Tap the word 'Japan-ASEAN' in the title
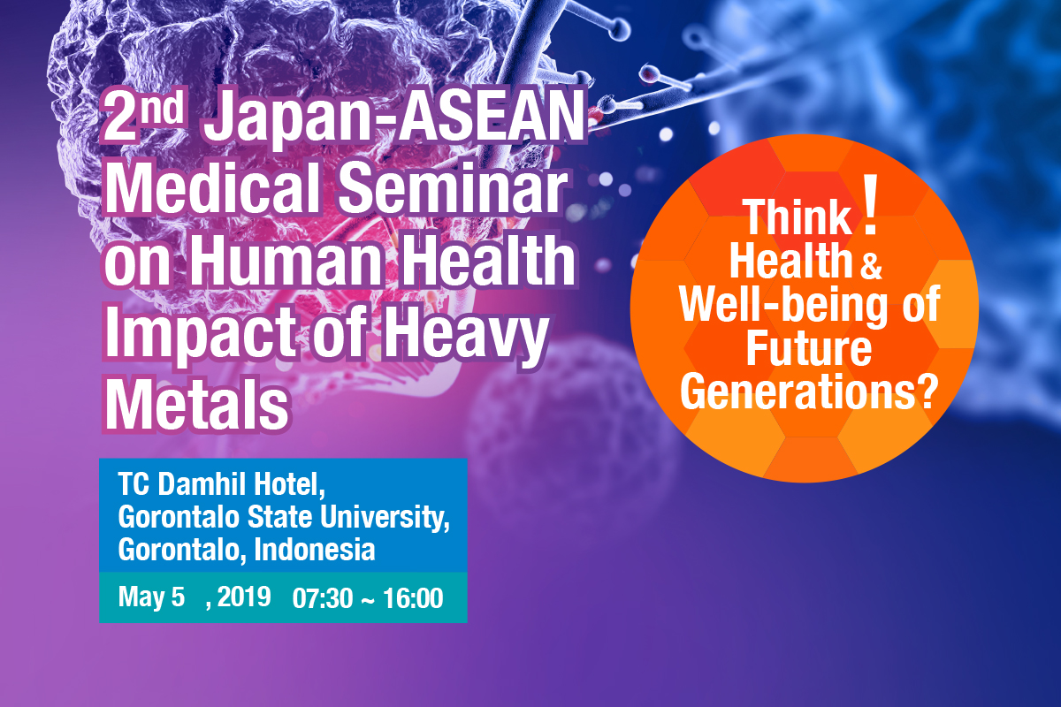tap(394, 119)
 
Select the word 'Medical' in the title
tap(212, 188)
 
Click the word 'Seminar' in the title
tap(452, 188)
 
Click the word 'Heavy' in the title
tap(465, 335)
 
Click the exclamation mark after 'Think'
tap(870, 204)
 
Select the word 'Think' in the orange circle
tap(798, 217)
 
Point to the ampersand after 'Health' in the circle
tap(871, 267)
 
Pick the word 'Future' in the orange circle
tap(809, 349)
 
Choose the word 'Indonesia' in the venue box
tap(315, 550)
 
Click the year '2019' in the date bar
tap(244, 597)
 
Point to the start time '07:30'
tap(323, 598)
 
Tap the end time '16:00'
tap(413, 598)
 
